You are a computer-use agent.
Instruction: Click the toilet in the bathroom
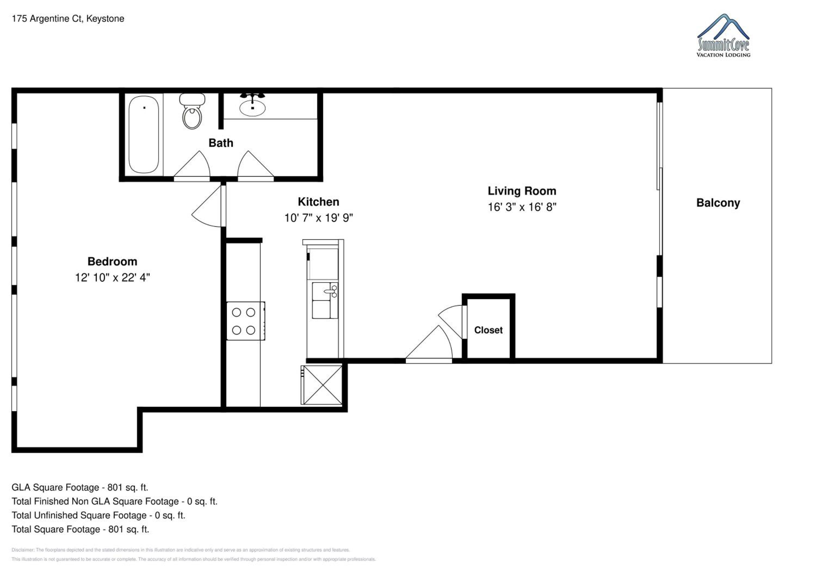192,111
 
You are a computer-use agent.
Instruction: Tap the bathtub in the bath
144,134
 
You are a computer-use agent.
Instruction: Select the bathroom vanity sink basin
252,108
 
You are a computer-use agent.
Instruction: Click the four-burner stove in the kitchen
246,321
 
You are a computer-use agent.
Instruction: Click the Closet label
488,330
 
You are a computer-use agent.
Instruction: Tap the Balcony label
718,203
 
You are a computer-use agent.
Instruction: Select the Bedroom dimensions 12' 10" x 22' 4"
112,277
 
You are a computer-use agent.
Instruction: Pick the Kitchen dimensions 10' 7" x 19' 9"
319,218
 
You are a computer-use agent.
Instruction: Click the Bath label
221,143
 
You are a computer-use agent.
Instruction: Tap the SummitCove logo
723,36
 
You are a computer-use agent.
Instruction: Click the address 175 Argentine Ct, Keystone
68,19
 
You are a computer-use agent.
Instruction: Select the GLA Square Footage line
80,488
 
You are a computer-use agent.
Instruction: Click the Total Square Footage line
80,529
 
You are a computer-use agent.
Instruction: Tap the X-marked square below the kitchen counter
322,385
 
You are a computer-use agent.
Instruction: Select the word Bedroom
112,262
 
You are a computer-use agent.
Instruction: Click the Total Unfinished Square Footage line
98,516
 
